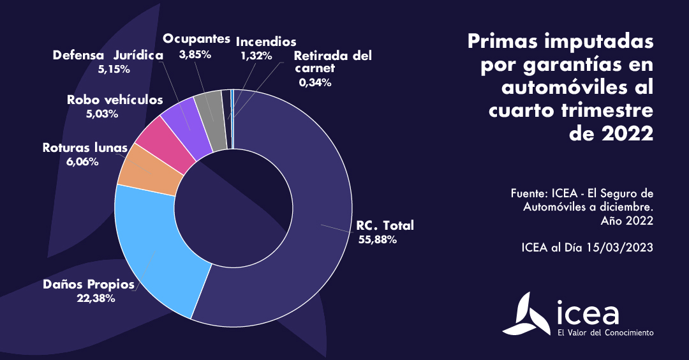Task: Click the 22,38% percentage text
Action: (x=95, y=297)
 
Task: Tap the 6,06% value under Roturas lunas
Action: (x=82, y=161)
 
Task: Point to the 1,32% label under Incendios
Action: (x=256, y=56)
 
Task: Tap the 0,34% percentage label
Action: (x=315, y=82)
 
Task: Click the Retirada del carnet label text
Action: (x=332, y=61)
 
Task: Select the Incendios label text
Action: (x=266, y=42)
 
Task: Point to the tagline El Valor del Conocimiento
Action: (x=605, y=333)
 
